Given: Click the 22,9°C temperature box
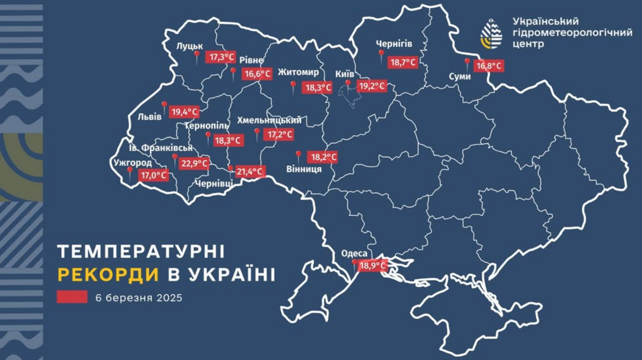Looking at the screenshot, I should (x=194, y=163).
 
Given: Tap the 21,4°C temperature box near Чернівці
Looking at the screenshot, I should (x=250, y=171).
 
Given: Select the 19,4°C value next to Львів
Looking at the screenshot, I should (x=184, y=112).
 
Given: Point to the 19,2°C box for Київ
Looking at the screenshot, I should (x=372, y=86).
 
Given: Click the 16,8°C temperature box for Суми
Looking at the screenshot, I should (x=488, y=67).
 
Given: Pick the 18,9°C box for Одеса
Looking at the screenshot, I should (x=372, y=266).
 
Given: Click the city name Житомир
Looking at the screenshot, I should (x=298, y=72).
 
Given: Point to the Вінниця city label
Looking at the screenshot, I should (x=304, y=169).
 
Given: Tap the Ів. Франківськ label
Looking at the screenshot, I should (x=164, y=148).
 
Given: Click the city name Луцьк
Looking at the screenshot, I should (x=190, y=46).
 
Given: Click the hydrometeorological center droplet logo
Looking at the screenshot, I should (x=491, y=34).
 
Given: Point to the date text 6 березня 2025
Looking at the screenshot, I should (x=139, y=298).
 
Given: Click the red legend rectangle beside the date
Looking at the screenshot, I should (x=72, y=297).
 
